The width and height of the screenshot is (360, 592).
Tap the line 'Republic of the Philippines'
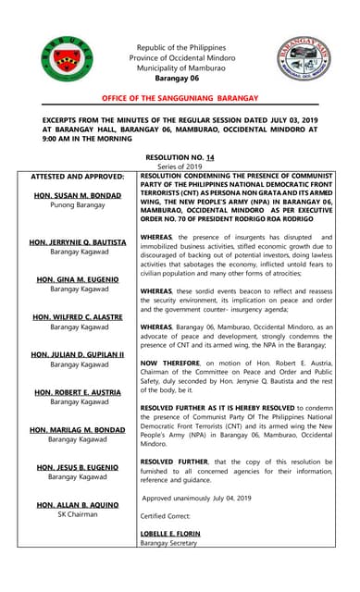point(180,47)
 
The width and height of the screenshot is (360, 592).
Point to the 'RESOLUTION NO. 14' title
point(180,158)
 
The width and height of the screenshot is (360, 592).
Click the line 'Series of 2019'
point(180,166)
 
